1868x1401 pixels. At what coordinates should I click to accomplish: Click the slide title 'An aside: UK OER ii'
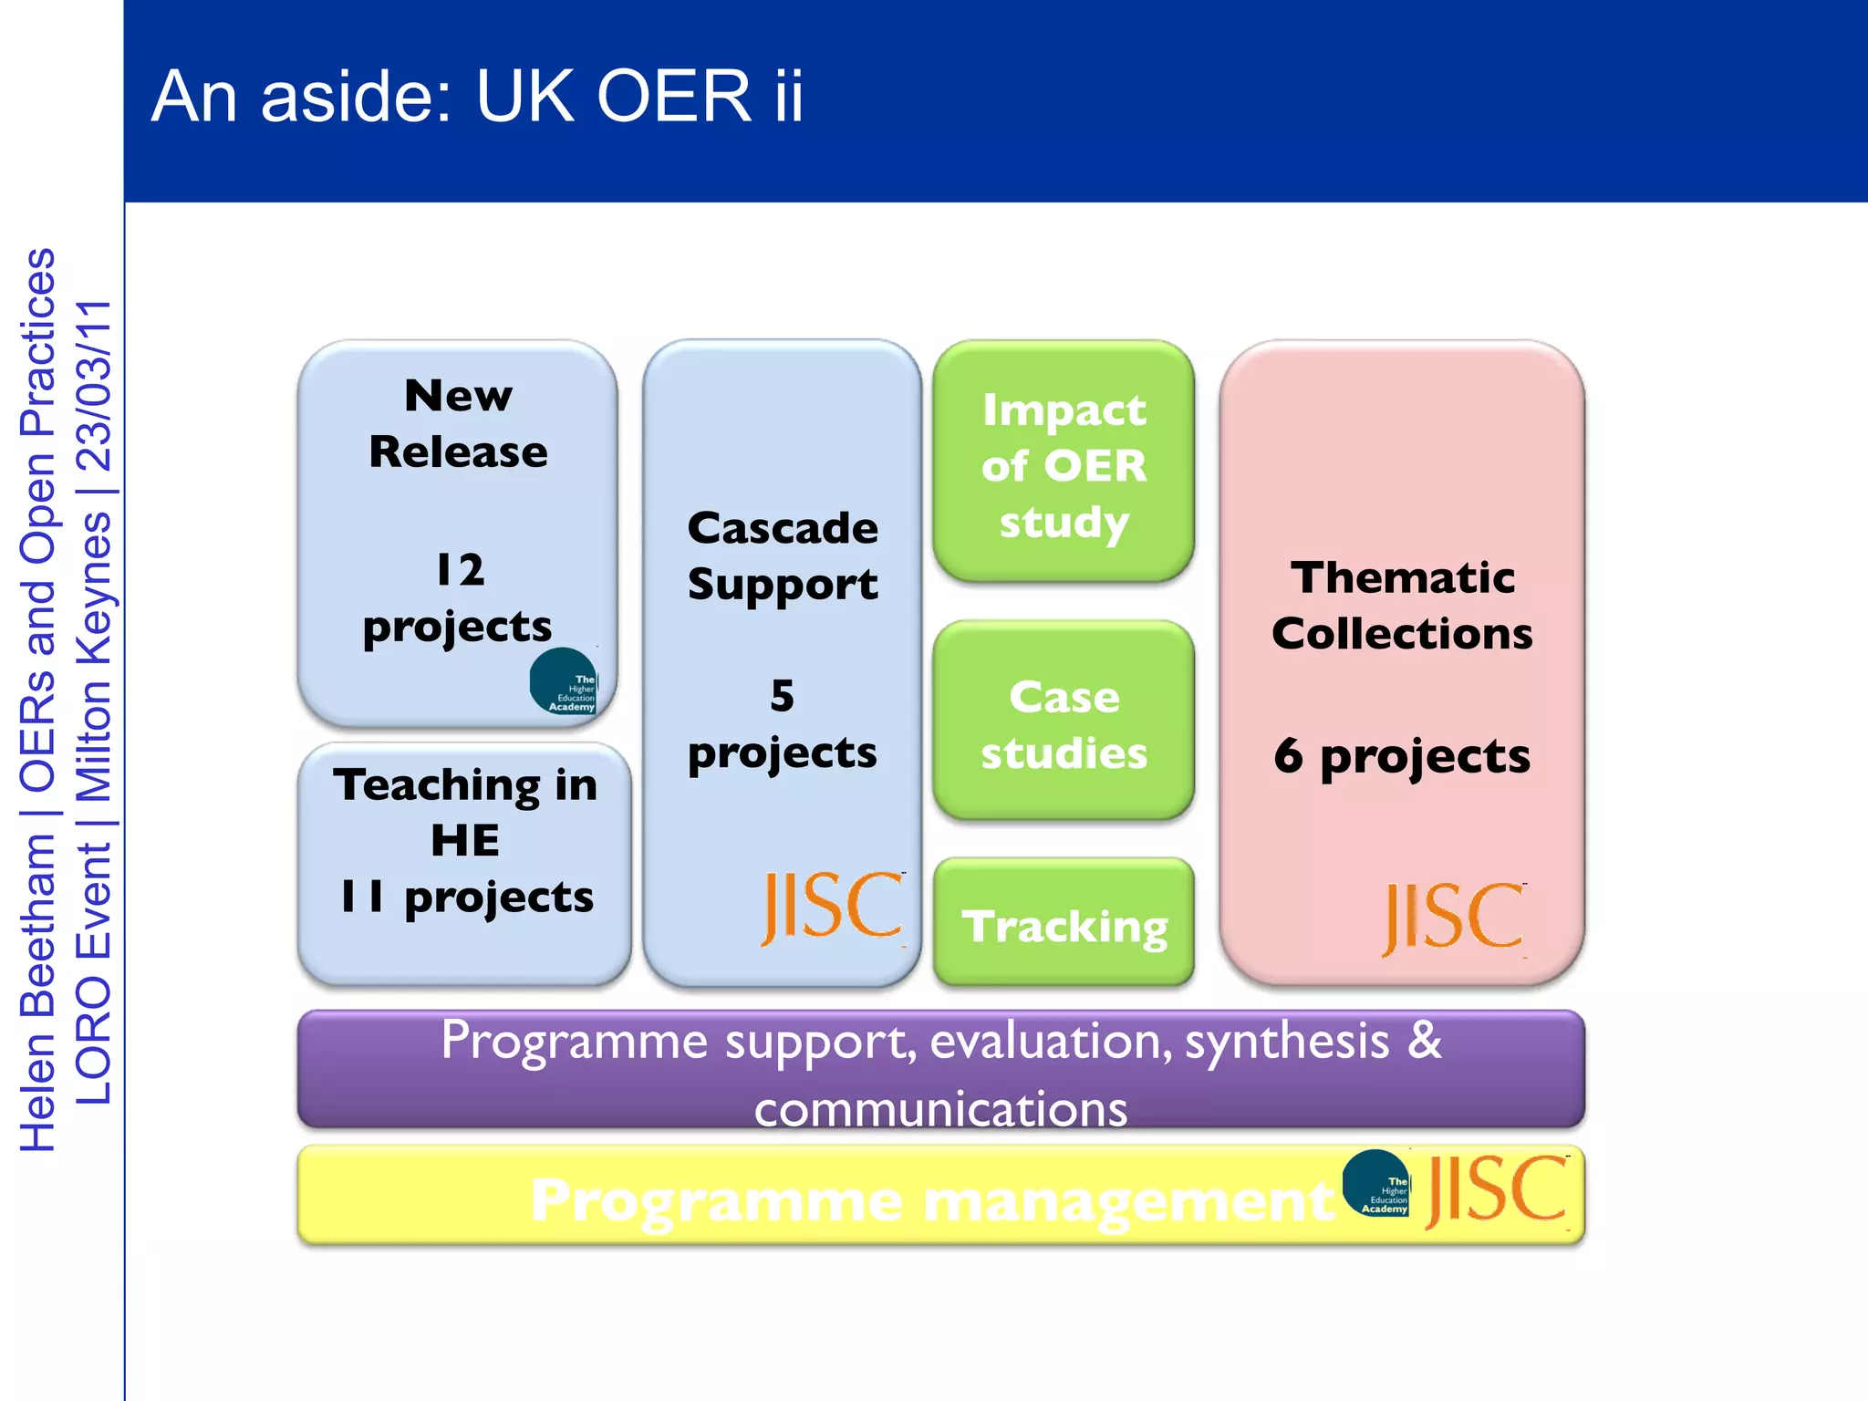pos(477,96)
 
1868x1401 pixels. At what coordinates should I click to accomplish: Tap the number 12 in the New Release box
pos(460,570)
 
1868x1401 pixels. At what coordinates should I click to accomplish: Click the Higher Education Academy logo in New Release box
pos(565,681)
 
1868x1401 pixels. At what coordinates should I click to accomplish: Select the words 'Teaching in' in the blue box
pos(464,784)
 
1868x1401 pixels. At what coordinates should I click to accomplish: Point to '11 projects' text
pos(466,897)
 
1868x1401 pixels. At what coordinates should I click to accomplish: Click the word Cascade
pos(783,528)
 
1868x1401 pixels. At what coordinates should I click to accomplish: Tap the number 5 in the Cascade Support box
pos(782,696)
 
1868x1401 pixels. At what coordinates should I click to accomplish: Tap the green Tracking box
pos(1064,925)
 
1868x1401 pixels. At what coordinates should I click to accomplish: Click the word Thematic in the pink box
pos(1403,577)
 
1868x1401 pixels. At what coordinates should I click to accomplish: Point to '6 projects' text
pos(1402,756)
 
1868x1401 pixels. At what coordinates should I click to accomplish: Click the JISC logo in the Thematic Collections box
pos(1453,918)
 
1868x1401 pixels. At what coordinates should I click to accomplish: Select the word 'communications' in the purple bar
pos(940,1110)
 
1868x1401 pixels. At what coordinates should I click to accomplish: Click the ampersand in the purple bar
pos(1424,1041)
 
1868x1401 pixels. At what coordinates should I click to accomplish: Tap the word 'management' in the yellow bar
pos(1129,1200)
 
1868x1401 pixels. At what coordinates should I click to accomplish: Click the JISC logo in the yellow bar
pos(1497,1191)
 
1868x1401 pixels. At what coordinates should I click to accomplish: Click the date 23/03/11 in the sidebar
pos(94,385)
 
